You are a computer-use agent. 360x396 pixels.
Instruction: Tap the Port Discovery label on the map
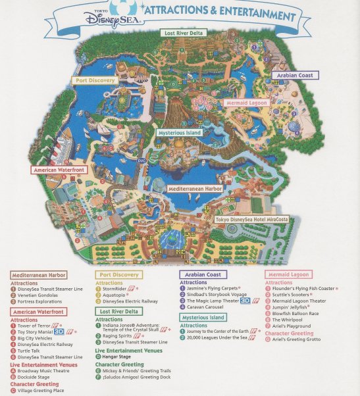click(x=94, y=80)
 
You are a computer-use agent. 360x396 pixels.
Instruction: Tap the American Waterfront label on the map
click(x=60, y=170)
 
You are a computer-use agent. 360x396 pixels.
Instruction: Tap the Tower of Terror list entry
click(x=36, y=326)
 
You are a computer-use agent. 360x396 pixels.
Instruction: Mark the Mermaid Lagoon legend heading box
click(x=288, y=274)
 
